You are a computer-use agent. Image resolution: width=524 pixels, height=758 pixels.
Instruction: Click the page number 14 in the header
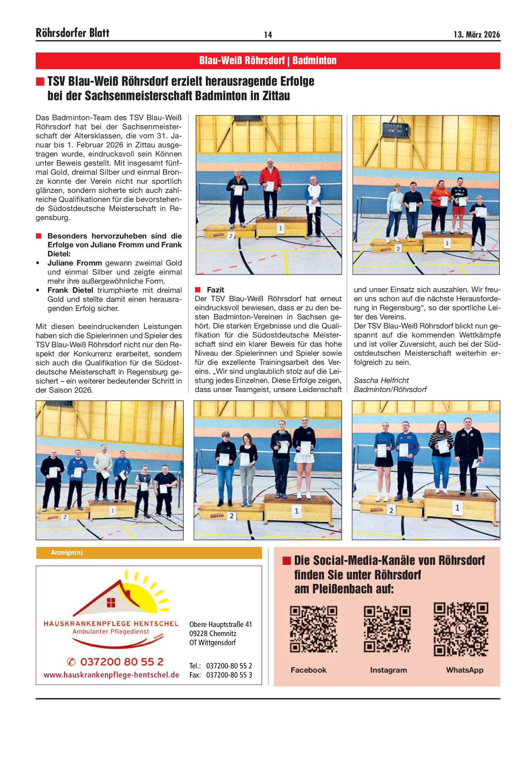point(268,35)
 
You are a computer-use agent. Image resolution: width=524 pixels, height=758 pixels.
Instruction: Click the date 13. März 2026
point(477,35)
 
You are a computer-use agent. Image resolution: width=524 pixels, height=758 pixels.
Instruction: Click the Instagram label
point(388,670)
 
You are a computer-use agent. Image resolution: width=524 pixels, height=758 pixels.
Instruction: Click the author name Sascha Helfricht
point(381,380)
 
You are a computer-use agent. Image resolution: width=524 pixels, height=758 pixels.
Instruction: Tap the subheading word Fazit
point(215,290)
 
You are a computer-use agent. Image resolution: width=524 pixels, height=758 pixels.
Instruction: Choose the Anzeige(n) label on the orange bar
point(67,553)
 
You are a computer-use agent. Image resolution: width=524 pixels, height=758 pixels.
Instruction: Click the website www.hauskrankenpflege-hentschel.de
point(111,675)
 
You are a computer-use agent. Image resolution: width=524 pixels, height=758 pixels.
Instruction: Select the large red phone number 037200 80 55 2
point(115,662)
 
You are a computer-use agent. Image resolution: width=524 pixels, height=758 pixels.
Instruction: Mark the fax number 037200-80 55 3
point(229,675)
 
